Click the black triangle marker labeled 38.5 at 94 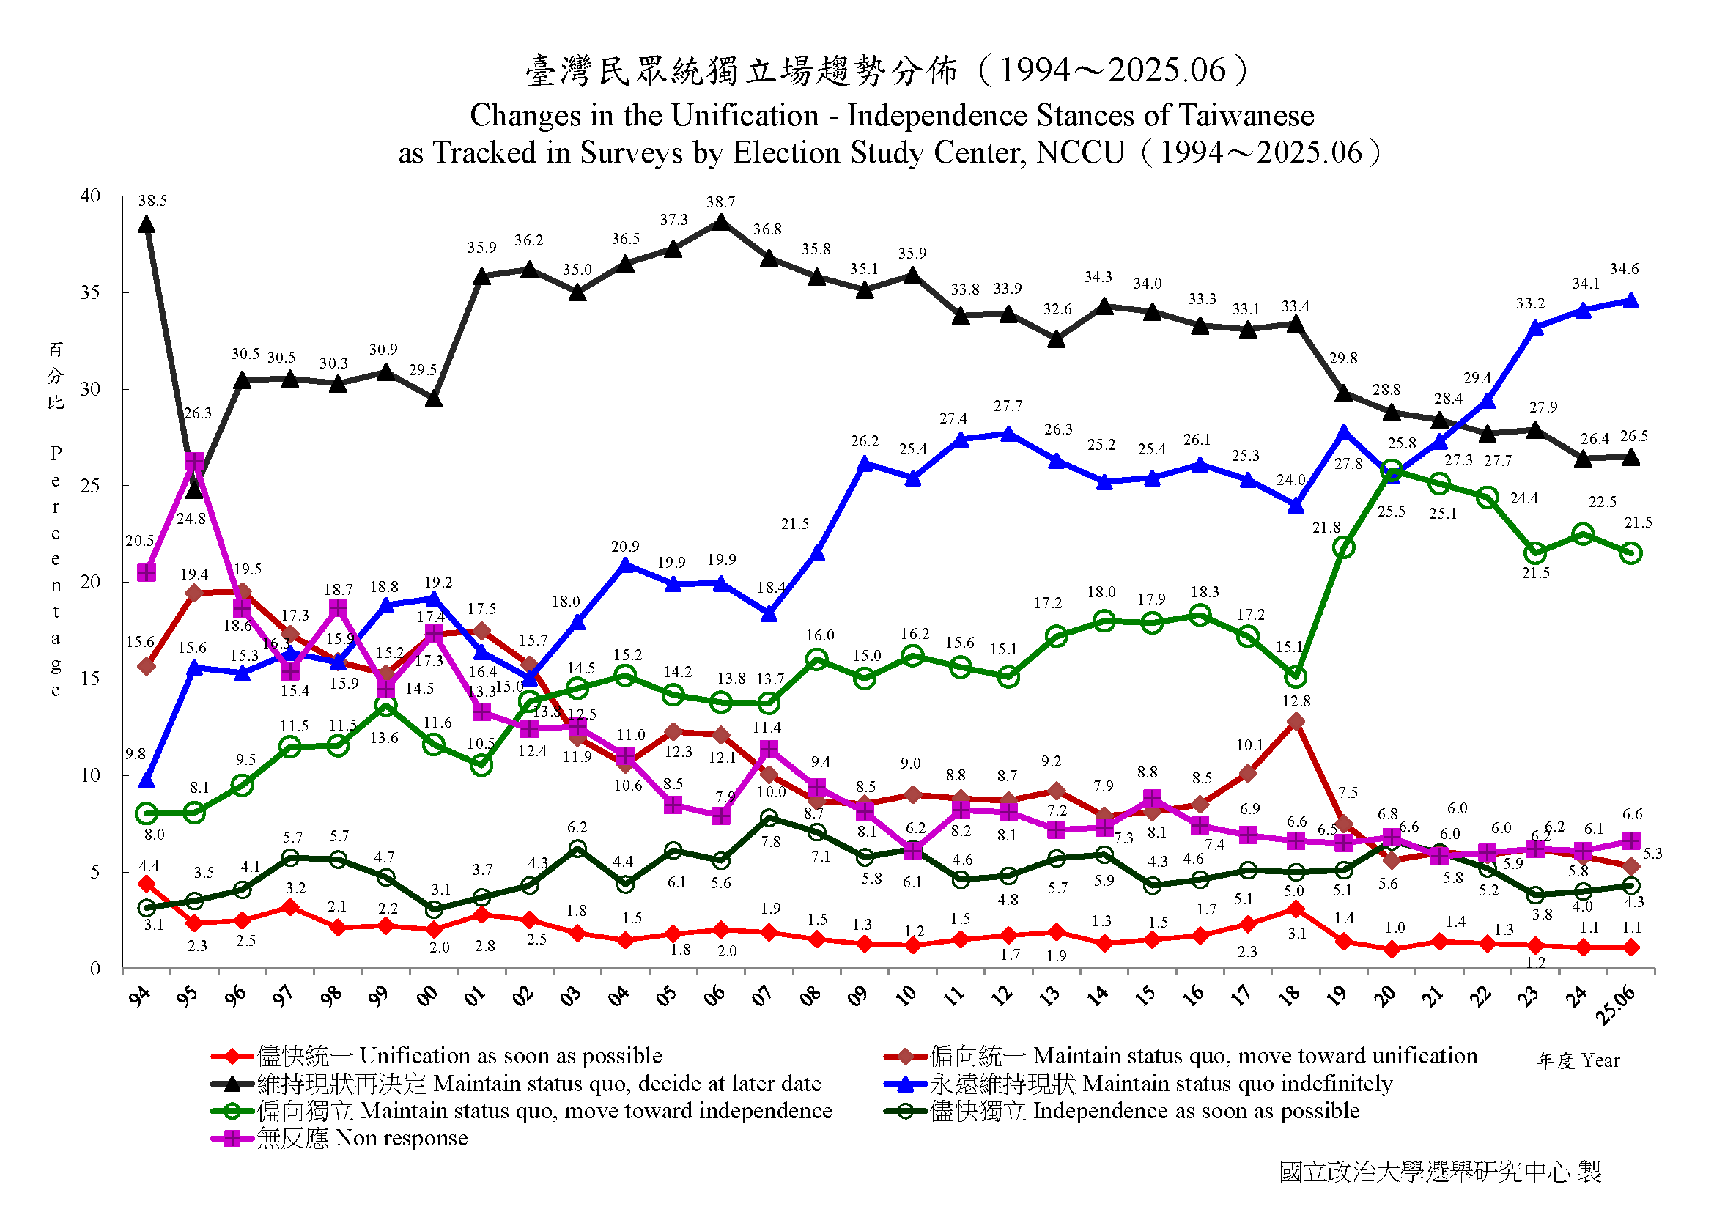(x=147, y=225)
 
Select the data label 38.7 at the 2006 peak (x=721, y=202)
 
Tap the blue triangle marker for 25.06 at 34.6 (x=1632, y=301)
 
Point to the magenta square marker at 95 (x=195, y=462)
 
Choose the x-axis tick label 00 (x=427, y=997)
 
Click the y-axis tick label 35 (x=89, y=292)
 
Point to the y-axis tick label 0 (x=95, y=969)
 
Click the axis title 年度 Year (x=1579, y=1060)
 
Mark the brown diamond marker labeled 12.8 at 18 (x=1297, y=722)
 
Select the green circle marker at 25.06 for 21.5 (x=1632, y=553)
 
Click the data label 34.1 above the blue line (x=1586, y=284)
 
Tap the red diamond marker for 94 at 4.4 (x=147, y=884)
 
